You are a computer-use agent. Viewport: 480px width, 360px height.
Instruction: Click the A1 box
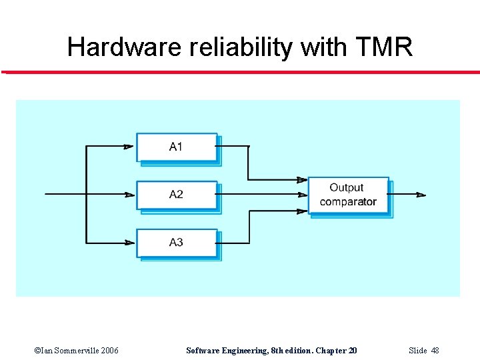coord(177,147)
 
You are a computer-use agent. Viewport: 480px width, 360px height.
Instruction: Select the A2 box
coord(177,195)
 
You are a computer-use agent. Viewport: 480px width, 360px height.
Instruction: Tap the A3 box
coord(177,243)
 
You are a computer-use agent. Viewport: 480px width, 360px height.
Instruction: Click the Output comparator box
coord(348,195)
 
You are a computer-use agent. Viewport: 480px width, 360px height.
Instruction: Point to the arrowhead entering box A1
coord(129,147)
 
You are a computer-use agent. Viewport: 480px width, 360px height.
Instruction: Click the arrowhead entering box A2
coord(129,195)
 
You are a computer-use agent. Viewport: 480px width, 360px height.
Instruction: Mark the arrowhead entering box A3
coord(129,243)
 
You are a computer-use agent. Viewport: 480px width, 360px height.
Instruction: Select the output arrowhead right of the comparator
coord(421,195)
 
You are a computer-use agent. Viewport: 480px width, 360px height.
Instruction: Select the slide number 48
coord(435,351)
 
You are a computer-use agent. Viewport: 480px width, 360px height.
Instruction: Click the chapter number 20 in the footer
coord(351,351)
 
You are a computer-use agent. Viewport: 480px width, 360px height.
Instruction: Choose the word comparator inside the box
coord(348,202)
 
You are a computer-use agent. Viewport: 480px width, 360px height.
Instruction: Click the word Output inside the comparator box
coord(347,188)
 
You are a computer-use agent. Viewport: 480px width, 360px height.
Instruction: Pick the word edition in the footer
coord(296,351)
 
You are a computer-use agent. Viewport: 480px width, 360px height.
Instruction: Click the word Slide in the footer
coord(417,351)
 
